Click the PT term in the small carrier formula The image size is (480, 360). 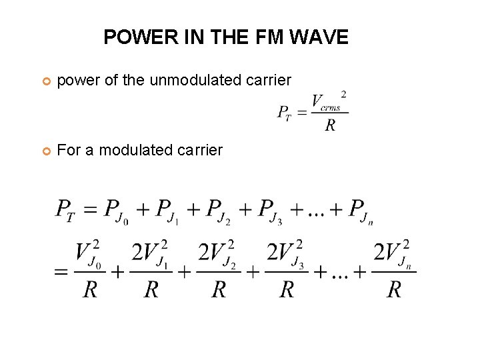(284, 113)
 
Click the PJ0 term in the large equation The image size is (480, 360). (119, 211)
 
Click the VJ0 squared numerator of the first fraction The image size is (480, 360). (88, 253)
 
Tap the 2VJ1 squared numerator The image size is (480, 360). (153, 253)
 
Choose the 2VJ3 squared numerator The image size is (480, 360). (287, 253)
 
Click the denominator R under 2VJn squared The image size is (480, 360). (394, 289)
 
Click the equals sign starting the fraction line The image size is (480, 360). (61, 272)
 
